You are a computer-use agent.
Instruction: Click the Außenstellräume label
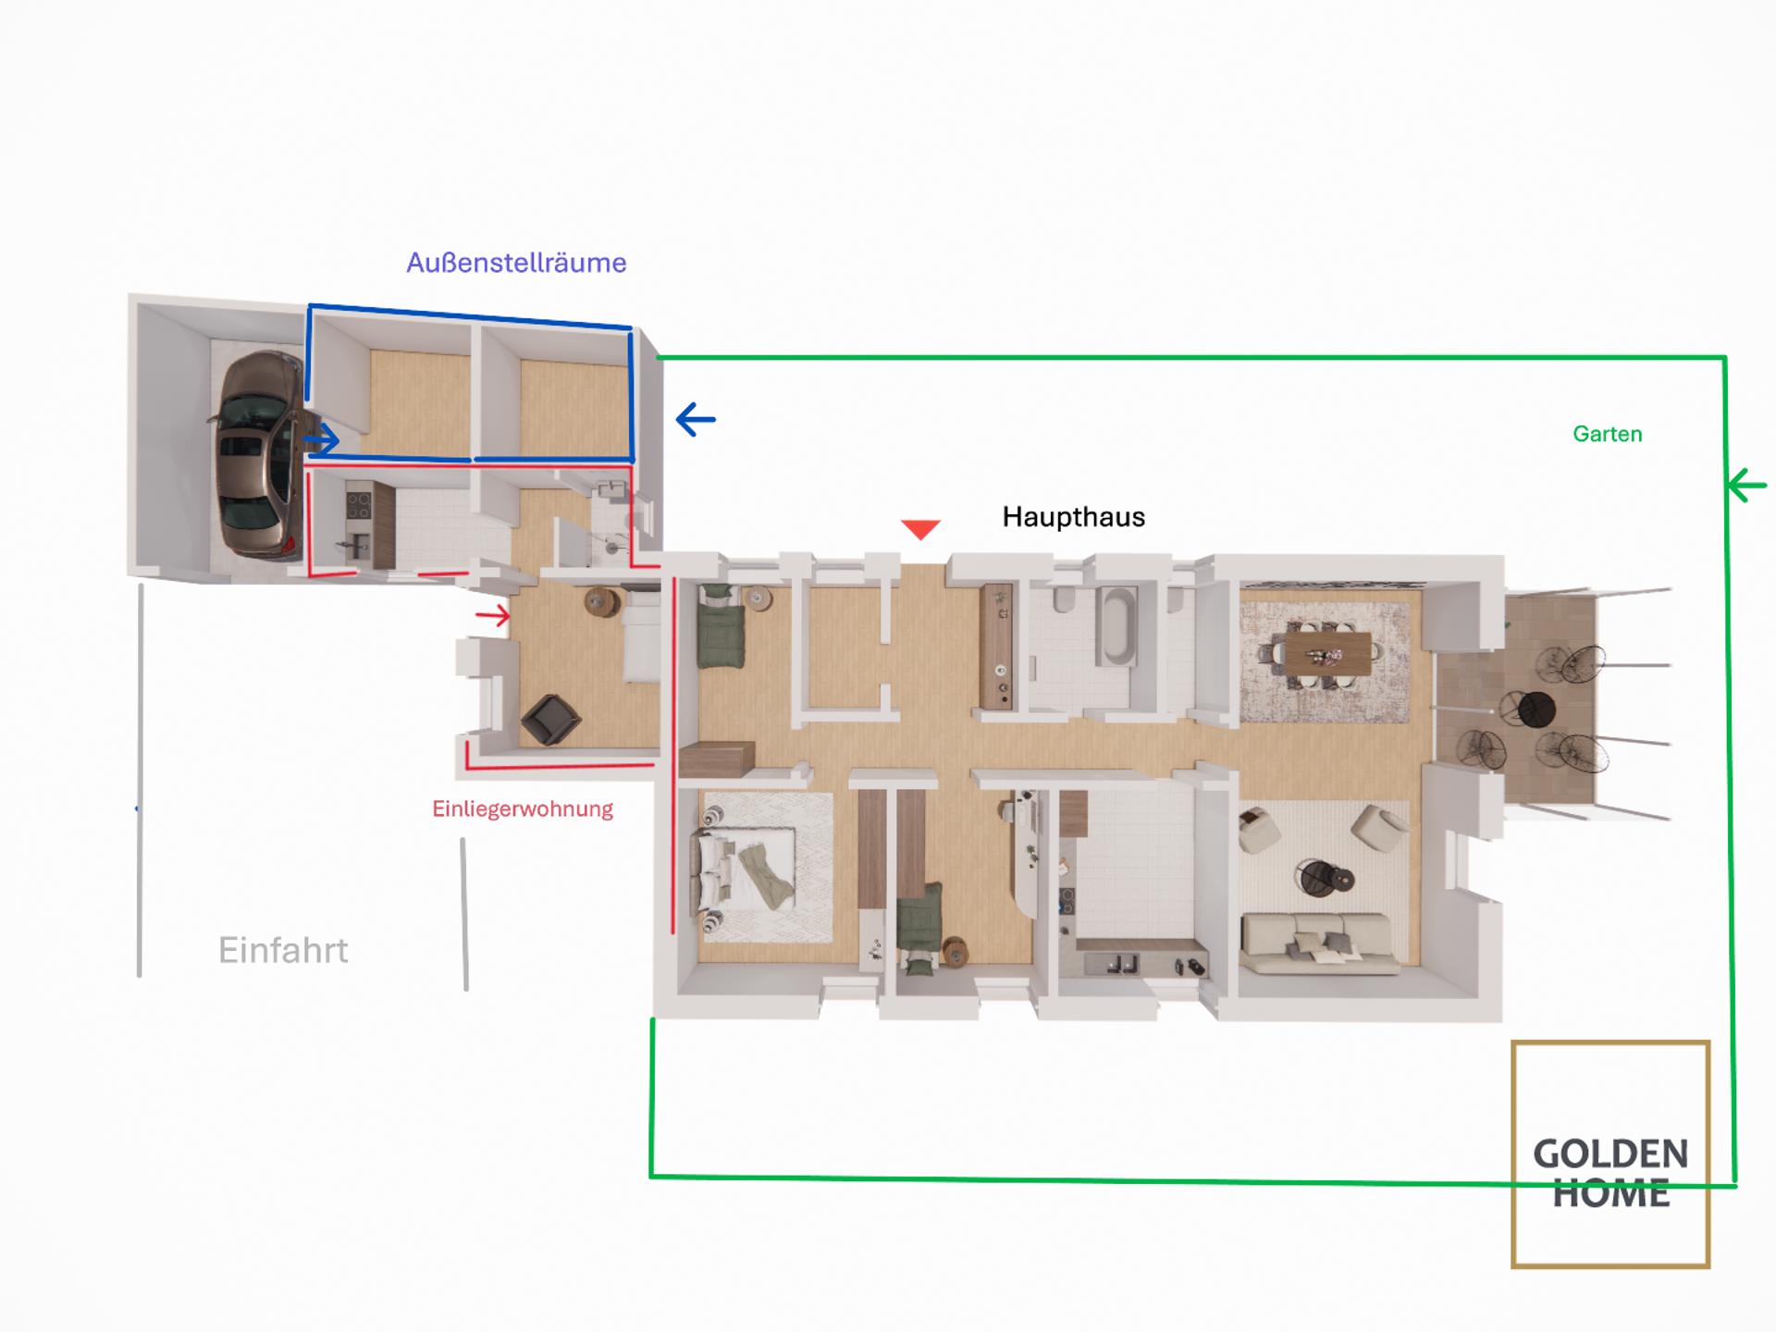pyautogui.click(x=516, y=263)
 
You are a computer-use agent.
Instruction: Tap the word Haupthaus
pyautogui.click(x=1074, y=517)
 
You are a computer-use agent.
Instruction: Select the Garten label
pyautogui.click(x=1608, y=434)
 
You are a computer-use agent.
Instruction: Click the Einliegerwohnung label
pyautogui.click(x=523, y=809)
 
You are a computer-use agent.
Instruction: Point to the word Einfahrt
pyautogui.click(x=283, y=950)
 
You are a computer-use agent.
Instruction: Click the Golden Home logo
pyautogui.click(x=1610, y=1153)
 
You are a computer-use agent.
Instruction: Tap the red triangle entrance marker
pyautogui.click(x=920, y=529)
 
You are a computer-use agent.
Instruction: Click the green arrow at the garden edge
pyautogui.click(x=1746, y=485)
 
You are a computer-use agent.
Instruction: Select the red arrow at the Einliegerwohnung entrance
pyautogui.click(x=492, y=615)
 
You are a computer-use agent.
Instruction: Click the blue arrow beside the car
pyautogui.click(x=321, y=439)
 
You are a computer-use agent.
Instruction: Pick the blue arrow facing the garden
pyautogui.click(x=696, y=420)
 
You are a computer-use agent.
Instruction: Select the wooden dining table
pyautogui.click(x=1327, y=654)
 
